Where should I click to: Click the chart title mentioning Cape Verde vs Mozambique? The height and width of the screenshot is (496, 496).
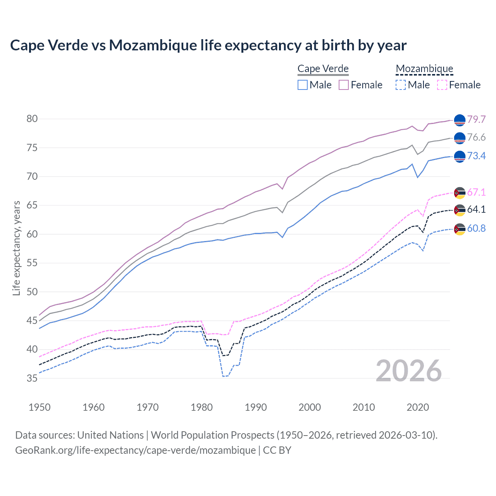coord(208,45)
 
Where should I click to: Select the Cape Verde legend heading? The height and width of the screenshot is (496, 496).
coord(323,69)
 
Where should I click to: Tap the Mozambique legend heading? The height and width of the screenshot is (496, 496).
coord(424,69)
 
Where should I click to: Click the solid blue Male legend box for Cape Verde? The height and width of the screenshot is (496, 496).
coord(303,85)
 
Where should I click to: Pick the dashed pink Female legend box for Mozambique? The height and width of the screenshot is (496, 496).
coord(442,85)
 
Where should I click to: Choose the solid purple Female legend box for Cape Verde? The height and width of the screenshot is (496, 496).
coord(344,85)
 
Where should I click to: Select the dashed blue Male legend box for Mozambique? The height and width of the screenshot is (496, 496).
coord(401,85)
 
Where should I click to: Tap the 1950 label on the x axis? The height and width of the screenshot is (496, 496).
coord(40,407)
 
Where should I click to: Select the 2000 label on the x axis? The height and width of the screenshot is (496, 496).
coord(310,407)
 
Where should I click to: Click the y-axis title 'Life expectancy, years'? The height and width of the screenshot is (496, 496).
coord(16,248)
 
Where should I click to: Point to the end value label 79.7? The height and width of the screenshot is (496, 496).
coord(476,119)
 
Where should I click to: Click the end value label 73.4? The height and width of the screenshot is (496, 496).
coord(476,156)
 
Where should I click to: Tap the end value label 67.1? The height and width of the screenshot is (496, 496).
coord(476,192)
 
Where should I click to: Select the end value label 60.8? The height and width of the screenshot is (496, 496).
coord(476,228)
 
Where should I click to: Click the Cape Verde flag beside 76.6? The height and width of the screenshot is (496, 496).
coord(460,138)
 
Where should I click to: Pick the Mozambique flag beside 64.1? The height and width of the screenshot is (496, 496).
coord(460,210)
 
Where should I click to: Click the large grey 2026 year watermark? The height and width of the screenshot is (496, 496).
coord(409,371)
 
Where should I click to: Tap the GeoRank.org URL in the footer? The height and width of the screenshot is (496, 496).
coord(135,450)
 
